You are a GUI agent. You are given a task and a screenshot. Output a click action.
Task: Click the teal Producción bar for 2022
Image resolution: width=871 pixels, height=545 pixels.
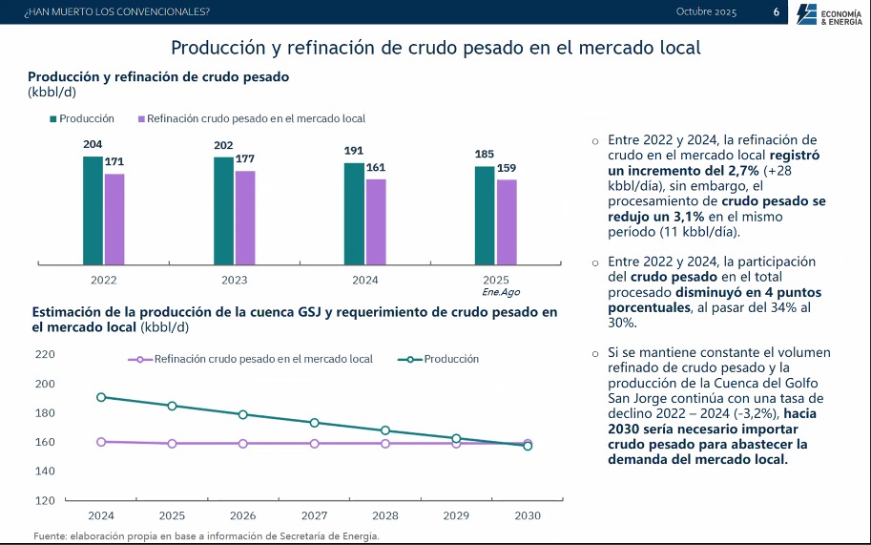tap(93, 209)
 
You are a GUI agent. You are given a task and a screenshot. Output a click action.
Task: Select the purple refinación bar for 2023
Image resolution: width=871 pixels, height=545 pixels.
tap(245, 217)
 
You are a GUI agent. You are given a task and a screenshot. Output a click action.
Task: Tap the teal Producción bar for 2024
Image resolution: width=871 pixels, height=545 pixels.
tap(354, 213)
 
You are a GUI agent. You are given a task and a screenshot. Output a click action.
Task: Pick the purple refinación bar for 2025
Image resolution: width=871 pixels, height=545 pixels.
tap(507, 221)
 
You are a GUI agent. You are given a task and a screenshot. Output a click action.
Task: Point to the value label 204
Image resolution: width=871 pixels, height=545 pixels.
tap(93, 145)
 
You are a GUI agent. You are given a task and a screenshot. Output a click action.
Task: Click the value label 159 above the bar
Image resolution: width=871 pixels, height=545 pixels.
tap(507, 168)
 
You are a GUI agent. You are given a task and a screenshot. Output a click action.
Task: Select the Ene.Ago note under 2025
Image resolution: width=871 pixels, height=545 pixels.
tap(501, 292)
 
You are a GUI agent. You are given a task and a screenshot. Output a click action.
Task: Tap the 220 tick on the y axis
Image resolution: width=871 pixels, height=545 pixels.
tap(45, 354)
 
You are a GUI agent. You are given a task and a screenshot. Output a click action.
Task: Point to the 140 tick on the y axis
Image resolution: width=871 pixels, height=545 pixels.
tap(45, 472)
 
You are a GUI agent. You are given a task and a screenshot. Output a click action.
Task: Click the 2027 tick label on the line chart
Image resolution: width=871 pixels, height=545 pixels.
tap(314, 515)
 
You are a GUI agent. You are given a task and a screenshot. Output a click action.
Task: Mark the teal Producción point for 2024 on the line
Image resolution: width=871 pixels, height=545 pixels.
tap(100, 397)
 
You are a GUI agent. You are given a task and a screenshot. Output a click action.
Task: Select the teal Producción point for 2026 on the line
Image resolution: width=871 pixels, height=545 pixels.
tap(242, 414)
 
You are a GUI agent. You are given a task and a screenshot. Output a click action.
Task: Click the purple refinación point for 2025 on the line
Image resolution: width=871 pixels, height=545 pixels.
tap(172, 444)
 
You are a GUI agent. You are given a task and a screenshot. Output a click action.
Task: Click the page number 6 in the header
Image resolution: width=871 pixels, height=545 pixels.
tap(776, 12)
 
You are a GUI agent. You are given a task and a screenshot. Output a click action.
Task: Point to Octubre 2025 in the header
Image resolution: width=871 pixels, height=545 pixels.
tap(706, 11)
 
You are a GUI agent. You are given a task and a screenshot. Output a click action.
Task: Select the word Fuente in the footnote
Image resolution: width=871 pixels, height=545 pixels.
tap(50, 535)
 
